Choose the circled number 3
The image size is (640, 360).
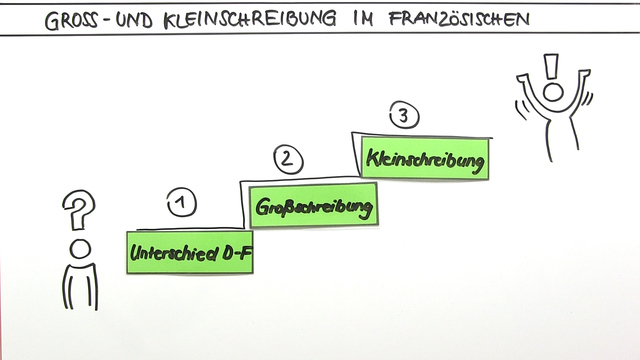click(402, 116)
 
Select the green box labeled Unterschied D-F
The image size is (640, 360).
click(189, 252)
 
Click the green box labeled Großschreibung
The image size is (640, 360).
click(313, 208)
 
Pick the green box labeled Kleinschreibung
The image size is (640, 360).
click(426, 159)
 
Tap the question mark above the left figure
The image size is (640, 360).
click(76, 209)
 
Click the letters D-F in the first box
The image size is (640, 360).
click(236, 253)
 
